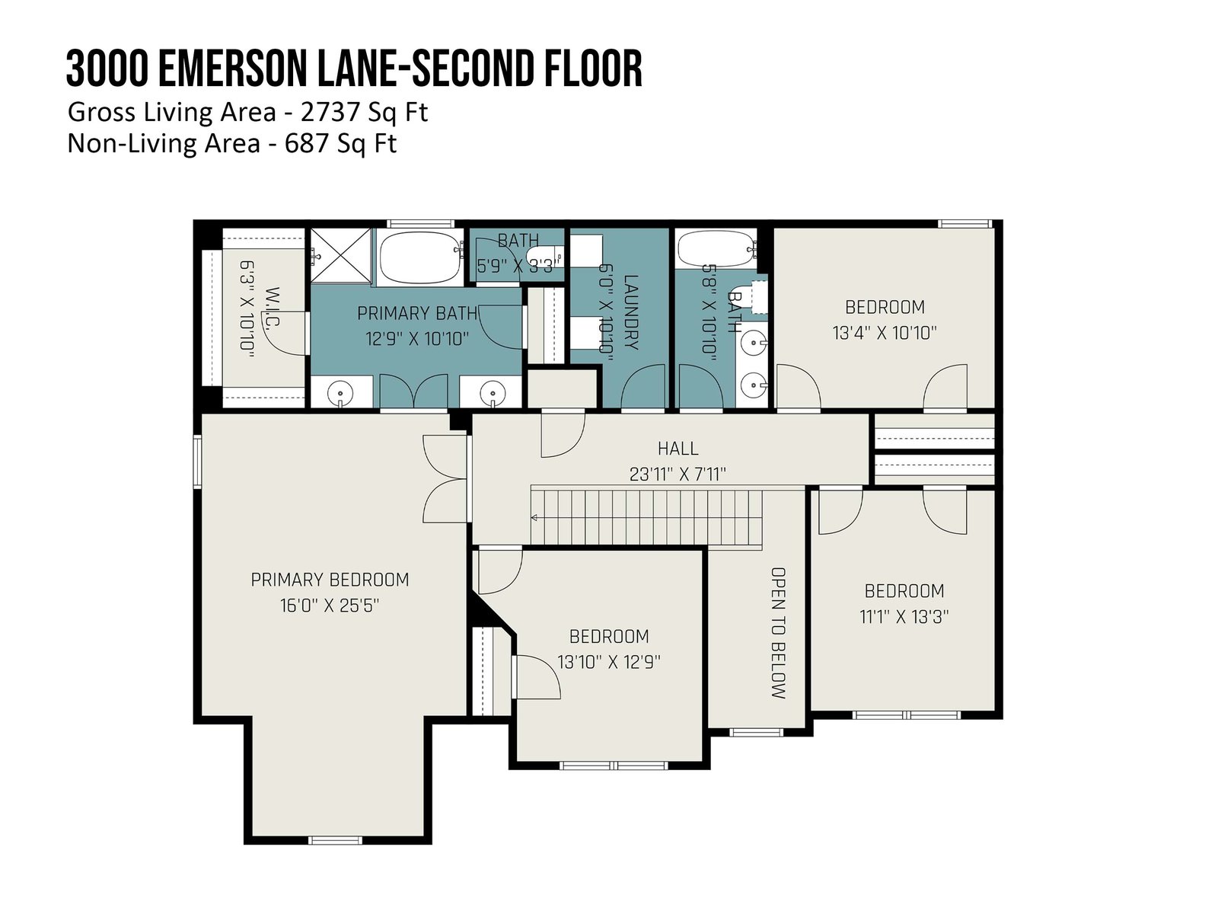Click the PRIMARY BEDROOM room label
(330, 580)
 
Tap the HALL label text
(678, 448)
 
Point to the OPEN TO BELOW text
(778, 633)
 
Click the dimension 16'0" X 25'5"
(330, 605)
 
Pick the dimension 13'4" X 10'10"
(885, 333)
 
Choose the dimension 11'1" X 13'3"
(904, 616)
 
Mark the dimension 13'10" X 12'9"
(609, 662)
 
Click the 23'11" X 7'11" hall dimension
(678, 474)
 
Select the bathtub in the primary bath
(420, 257)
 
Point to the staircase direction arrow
(534, 518)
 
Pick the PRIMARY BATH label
(416, 314)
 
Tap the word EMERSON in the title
(232, 69)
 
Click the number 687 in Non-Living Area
(307, 144)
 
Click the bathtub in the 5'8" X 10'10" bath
(716, 249)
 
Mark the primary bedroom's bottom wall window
(335, 840)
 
